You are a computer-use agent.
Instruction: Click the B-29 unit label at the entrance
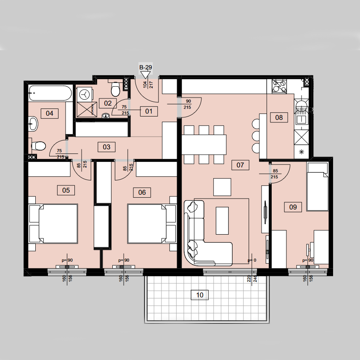click(x=146, y=67)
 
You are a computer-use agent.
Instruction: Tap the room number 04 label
click(x=49, y=114)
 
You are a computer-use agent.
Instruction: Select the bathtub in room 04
click(x=50, y=93)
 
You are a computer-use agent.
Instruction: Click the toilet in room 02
click(x=116, y=89)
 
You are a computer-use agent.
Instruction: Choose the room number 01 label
click(x=149, y=111)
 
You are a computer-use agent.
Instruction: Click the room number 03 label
click(x=106, y=147)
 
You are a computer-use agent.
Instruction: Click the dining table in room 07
click(x=204, y=144)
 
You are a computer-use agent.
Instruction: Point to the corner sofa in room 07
click(x=202, y=233)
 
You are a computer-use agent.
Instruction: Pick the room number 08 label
click(x=279, y=118)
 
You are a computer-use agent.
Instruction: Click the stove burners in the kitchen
click(x=279, y=86)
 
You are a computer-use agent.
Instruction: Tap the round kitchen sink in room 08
click(x=302, y=106)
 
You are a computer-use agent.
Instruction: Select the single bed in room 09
click(x=318, y=187)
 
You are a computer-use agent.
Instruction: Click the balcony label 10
click(x=200, y=295)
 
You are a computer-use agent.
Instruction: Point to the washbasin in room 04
click(x=33, y=124)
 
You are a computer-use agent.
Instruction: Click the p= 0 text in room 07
click(x=252, y=260)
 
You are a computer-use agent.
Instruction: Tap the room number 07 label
click(x=240, y=165)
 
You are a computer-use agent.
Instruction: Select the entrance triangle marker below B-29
click(x=146, y=74)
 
